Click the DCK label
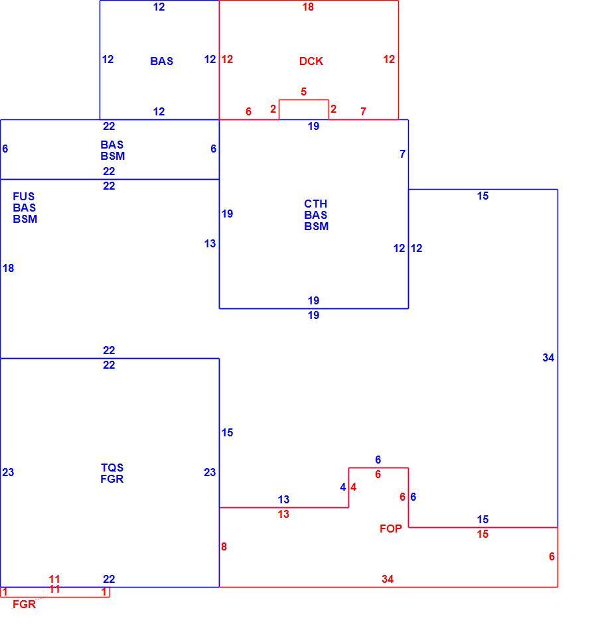coord(311,61)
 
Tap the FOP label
coord(390,529)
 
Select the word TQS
coord(111,468)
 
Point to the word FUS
coord(24,196)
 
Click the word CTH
coord(316,204)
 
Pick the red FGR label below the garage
coord(24,604)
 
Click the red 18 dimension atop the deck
coord(308,7)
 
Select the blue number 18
coord(8,268)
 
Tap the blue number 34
coord(548,357)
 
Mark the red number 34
coord(388,579)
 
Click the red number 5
coord(304,92)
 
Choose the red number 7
coord(363,111)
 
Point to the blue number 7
coord(402,154)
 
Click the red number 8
coord(224,546)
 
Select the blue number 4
coord(342,487)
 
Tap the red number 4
coord(353,487)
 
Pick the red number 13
coord(283,514)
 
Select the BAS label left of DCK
coord(162,61)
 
